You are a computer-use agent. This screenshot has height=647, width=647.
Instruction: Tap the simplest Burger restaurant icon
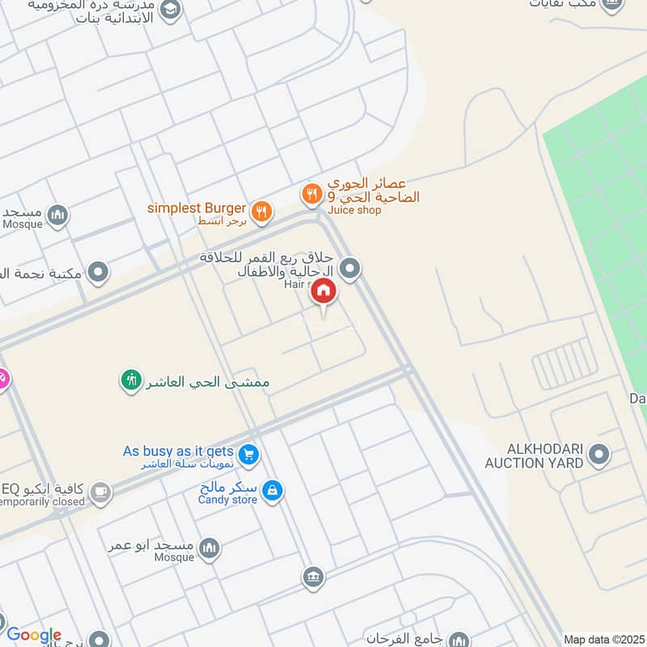click(260, 212)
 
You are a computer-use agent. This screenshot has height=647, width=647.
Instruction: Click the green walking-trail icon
click(131, 378)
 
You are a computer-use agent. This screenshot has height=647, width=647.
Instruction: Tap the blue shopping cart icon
click(249, 455)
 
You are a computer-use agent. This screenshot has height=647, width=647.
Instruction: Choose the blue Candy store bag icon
click(273, 492)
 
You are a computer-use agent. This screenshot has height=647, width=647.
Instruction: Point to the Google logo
click(33, 636)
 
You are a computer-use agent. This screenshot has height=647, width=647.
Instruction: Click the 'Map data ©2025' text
click(603, 639)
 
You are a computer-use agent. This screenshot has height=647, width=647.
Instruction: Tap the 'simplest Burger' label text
click(196, 208)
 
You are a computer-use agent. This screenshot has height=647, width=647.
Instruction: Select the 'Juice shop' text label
click(354, 210)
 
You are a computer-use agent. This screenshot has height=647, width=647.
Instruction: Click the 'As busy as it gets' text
click(178, 451)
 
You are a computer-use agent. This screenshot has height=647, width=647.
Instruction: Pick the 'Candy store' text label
click(227, 500)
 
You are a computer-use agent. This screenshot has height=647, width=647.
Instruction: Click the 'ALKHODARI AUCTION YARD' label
click(534, 456)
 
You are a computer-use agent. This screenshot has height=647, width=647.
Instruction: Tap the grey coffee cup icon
click(100, 493)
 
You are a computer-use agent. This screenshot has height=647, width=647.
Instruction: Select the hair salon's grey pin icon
click(350, 268)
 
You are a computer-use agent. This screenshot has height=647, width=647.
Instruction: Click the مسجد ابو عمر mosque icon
click(209, 548)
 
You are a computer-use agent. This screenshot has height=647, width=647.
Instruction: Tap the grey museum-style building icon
click(313, 577)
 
